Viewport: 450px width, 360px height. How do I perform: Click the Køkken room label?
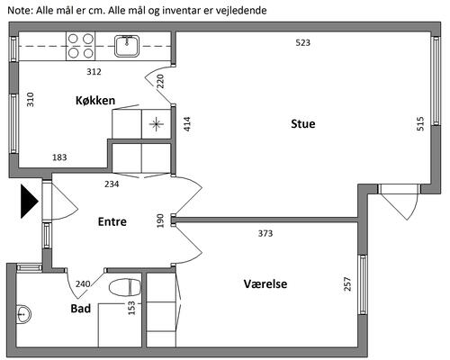pyautogui.click(x=95, y=100)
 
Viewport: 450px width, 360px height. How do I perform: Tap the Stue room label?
pyautogui.click(x=303, y=124)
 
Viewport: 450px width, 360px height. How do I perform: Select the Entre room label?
pyautogui.click(x=112, y=221)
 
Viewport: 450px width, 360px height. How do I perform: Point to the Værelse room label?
pyautogui.click(x=265, y=283)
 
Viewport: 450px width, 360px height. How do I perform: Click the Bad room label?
pyautogui.click(x=81, y=309)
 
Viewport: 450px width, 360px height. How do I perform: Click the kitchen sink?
pyautogui.click(x=127, y=46)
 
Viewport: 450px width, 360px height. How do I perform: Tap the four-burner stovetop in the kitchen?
pyautogui.click(x=80, y=46)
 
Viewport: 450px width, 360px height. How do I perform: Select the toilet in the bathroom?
pyautogui.click(x=124, y=287)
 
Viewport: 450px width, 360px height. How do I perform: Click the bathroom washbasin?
pyautogui.click(x=23, y=314)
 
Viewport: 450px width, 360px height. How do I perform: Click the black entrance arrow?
pyautogui.click(x=29, y=201)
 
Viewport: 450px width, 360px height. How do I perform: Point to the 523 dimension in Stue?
pyautogui.click(x=302, y=43)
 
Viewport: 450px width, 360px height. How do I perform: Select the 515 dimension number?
pyautogui.click(x=420, y=123)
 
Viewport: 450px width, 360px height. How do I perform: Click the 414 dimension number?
pyautogui.click(x=187, y=124)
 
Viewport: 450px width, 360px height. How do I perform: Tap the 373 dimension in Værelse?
pyautogui.click(x=265, y=233)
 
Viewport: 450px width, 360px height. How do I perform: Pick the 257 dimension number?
pyautogui.click(x=347, y=283)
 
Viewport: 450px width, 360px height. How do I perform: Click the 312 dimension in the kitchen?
pyautogui.click(x=94, y=72)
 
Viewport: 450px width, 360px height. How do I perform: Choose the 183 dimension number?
pyautogui.click(x=59, y=157)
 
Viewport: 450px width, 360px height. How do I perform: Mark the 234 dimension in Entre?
pyautogui.click(x=112, y=184)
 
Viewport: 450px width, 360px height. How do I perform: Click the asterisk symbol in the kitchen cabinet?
pyautogui.click(x=156, y=124)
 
